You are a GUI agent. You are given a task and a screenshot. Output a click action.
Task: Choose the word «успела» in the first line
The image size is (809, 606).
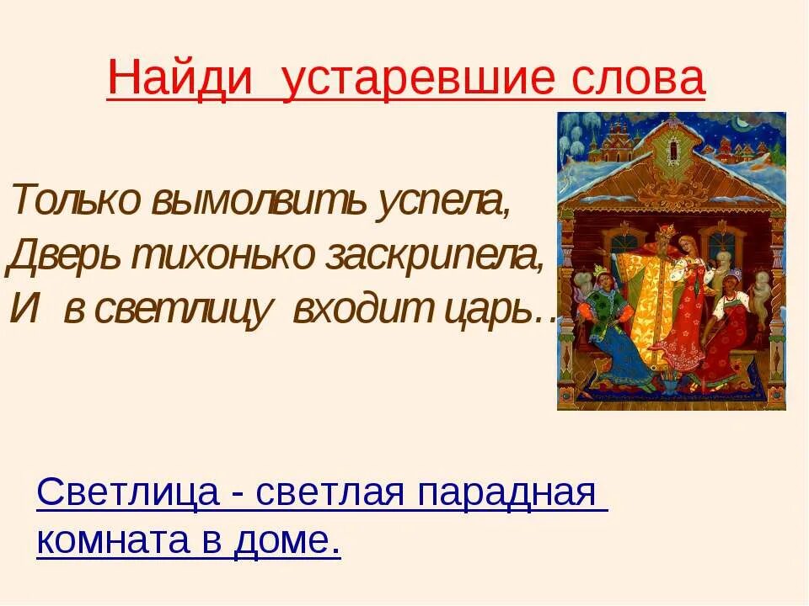450,202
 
